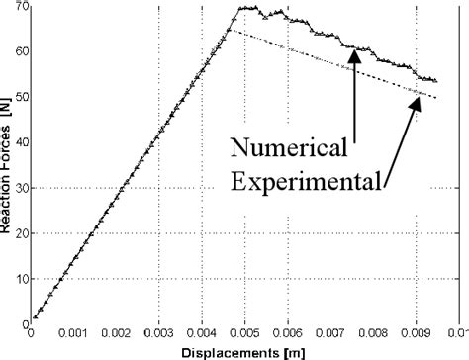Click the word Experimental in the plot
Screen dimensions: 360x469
[307, 181]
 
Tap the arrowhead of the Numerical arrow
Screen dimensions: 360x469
[355, 51]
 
